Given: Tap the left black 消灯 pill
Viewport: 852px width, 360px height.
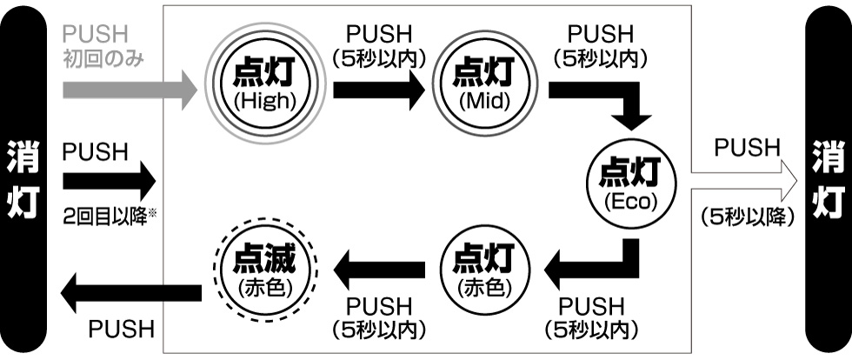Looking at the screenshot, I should click(23, 180).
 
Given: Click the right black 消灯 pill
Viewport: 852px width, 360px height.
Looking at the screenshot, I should click(829, 180).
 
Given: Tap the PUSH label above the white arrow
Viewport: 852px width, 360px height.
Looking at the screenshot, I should click(748, 148).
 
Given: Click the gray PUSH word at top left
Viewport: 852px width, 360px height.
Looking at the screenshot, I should click(96, 35).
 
